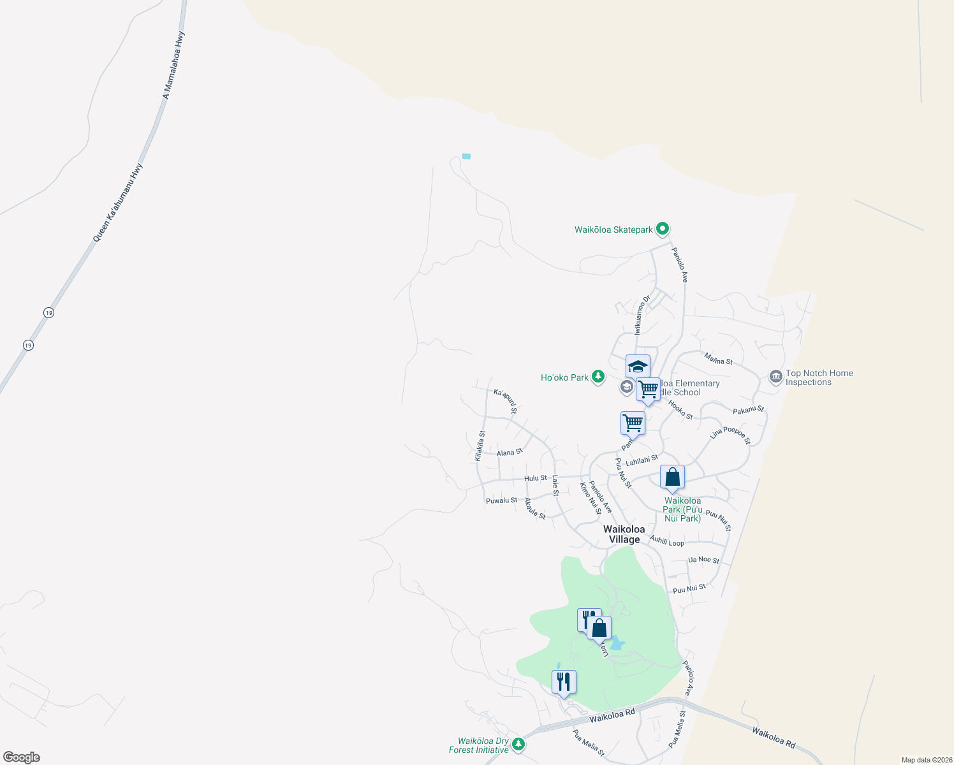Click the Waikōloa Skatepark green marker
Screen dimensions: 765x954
pos(663,228)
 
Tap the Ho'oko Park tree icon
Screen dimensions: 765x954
pos(598,377)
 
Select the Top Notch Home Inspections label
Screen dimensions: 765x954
pos(819,378)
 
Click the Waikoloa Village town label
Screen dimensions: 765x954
pos(624,534)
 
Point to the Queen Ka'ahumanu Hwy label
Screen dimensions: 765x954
pos(118,203)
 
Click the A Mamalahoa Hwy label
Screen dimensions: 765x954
pos(173,66)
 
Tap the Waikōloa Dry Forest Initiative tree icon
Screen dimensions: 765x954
pos(519,745)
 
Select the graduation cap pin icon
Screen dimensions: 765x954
pos(638,367)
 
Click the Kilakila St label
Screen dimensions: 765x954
pos(480,446)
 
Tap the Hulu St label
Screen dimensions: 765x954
pos(536,478)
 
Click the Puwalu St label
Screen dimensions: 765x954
pos(502,500)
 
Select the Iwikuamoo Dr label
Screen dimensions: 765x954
pos(642,314)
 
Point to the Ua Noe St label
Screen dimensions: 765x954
pos(703,560)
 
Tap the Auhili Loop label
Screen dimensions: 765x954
pos(667,542)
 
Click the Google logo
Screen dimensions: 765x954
pos(22,757)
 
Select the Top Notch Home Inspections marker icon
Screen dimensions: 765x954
pos(775,377)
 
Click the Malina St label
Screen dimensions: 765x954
pos(719,360)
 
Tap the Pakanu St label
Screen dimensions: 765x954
pos(748,410)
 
